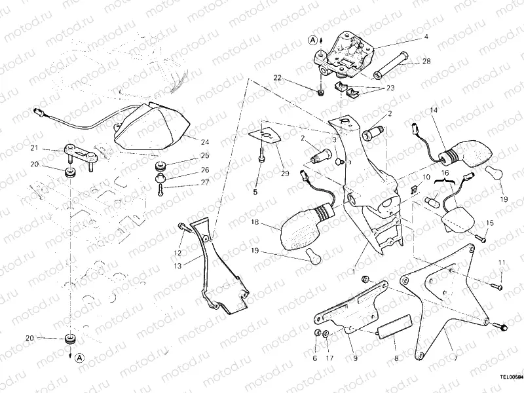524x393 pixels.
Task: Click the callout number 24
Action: (x=205, y=141)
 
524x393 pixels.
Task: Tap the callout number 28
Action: (x=426, y=62)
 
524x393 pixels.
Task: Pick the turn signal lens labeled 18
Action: (x=304, y=226)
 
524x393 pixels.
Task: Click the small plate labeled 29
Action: (x=266, y=133)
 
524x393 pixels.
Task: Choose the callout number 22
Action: (x=277, y=78)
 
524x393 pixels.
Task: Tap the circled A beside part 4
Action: (x=313, y=40)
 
